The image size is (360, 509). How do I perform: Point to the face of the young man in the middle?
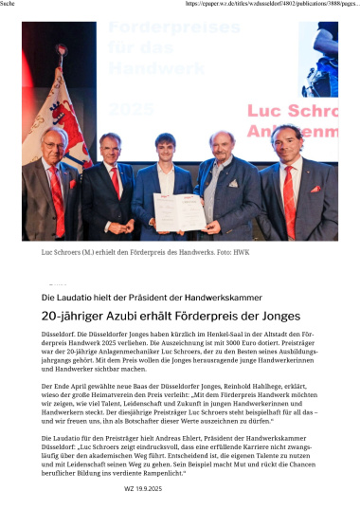(166, 149)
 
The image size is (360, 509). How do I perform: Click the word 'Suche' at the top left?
(11, 5)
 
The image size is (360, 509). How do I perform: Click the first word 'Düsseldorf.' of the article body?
(60, 336)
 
